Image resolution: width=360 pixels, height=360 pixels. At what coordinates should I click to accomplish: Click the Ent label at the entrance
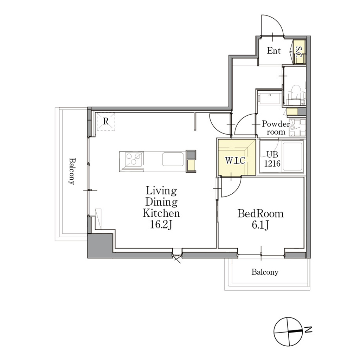274,51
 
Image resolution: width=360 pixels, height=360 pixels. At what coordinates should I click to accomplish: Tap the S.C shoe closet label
298,52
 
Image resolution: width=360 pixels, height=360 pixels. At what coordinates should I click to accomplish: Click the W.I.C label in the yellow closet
235,160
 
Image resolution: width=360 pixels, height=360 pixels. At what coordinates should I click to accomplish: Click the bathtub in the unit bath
292,157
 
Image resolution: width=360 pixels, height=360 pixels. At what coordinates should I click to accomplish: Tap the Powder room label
276,128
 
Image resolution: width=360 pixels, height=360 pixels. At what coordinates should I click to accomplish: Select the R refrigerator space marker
105,121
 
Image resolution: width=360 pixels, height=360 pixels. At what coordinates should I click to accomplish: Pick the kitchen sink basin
173,159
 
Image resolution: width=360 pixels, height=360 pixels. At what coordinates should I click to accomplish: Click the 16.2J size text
161,225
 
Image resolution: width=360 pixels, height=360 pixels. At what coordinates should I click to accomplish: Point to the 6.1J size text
260,225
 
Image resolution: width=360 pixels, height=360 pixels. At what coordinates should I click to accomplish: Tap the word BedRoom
261,213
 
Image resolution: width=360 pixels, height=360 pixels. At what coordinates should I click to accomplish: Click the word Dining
161,202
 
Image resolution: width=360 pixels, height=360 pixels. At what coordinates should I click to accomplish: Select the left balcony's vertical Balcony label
72,171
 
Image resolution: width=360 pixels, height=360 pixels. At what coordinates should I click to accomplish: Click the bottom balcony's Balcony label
265,272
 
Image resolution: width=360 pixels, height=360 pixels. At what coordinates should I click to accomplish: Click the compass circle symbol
288,332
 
